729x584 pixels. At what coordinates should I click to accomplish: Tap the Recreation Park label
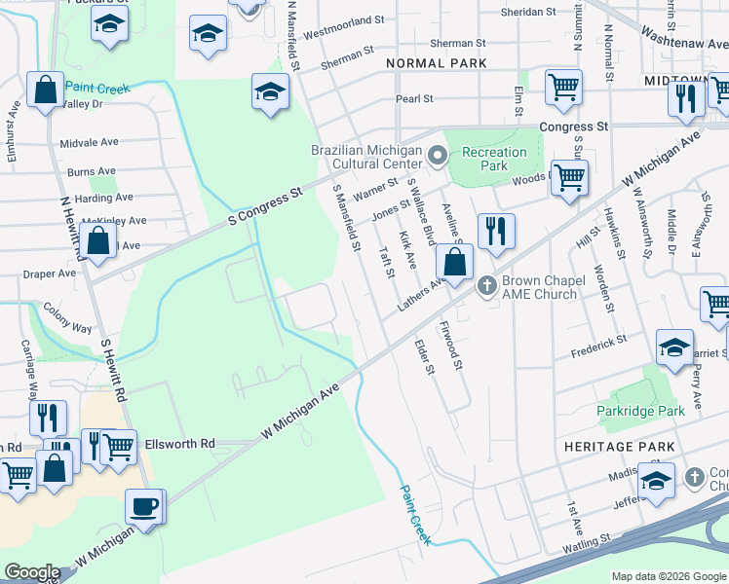pos(494,159)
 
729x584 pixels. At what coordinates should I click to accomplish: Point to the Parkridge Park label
pos(640,411)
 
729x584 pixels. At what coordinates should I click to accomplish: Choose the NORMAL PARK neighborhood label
pos(436,63)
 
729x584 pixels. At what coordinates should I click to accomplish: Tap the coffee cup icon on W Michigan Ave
pos(145,506)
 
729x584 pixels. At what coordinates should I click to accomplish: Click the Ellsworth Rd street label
pos(179,444)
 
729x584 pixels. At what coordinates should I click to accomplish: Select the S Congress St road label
pos(266,203)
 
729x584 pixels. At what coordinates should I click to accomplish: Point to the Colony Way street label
pos(67,318)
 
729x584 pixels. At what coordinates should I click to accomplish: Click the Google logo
pos(32,572)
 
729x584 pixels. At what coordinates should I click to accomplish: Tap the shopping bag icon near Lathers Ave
pos(454,261)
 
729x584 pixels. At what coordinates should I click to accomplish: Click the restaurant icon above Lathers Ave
pos(496,231)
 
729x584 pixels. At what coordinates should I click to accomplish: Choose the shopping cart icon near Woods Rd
pos(569,177)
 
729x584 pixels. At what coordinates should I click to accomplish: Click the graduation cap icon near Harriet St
pos(674,347)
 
